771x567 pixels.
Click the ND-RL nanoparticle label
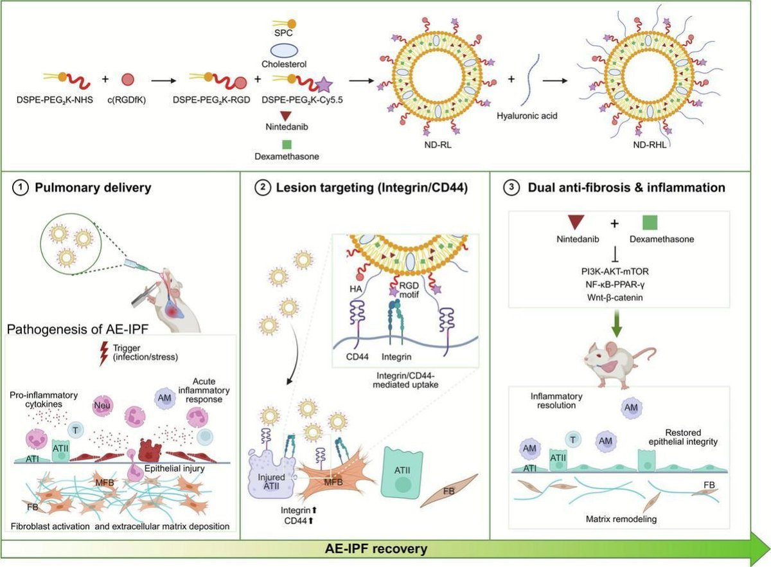pos(438,145)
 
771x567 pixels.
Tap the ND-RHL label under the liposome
pos(650,145)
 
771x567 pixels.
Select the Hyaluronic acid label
pos(527,116)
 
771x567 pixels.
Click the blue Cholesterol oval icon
pos(284,51)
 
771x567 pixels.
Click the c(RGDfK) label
pos(127,100)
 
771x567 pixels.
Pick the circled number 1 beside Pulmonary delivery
pos(20,188)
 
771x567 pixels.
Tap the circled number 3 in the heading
pos(511,188)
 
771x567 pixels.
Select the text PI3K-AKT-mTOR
pos(615,271)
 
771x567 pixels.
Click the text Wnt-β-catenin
pos(615,298)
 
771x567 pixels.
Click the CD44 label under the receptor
pos(357,357)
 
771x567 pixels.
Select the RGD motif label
pos(409,290)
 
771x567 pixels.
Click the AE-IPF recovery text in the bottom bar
pos(377,549)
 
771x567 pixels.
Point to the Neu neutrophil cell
pos(102,406)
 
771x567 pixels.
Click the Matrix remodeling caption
pos(621,519)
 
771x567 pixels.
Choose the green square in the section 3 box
pos(650,222)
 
